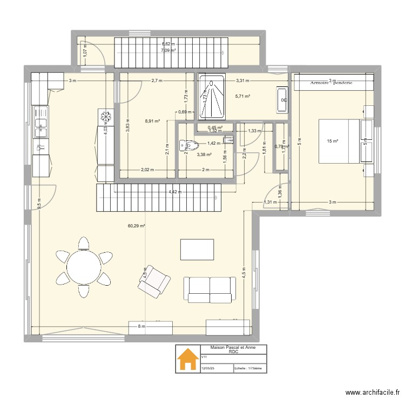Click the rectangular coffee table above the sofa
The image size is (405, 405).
(197, 249)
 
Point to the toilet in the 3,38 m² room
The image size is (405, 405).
(189, 145)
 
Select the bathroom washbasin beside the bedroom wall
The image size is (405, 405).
(282, 100)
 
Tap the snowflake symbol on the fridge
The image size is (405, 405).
(106, 116)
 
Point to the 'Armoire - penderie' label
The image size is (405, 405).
(332, 83)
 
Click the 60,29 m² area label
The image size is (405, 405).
(136, 227)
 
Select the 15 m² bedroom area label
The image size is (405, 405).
(332, 141)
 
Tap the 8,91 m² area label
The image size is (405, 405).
(152, 122)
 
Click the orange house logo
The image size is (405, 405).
(188, 359)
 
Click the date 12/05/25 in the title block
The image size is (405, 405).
(208, 369)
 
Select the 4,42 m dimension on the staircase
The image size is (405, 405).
(174, 192)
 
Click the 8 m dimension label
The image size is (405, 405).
(141, 326)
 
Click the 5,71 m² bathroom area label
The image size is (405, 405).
(242, 97)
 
